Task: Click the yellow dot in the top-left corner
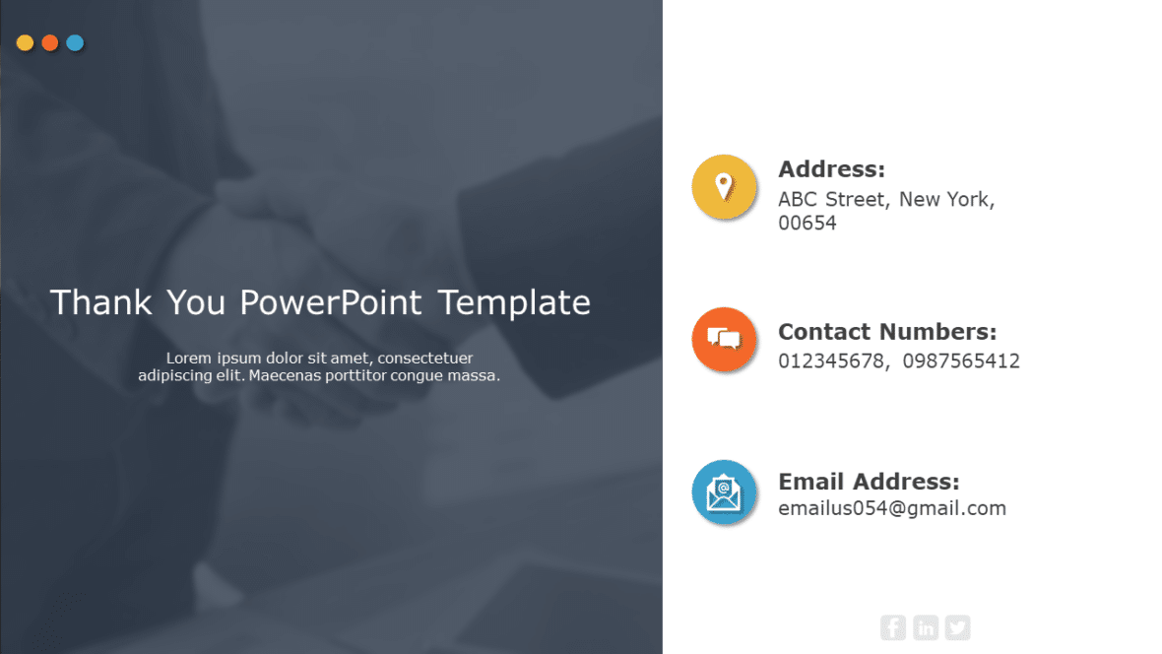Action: [x=26, y=42]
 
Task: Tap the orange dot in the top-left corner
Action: [x=50, y=42]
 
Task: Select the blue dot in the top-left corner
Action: [x=75, y=42]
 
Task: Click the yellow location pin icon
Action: [x=724, y=185]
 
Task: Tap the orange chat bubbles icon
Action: [x=724, y=340]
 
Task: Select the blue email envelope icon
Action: [x=724, y=491]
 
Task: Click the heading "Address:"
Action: [x=831, y=169]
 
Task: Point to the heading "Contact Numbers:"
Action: [x=886, y=332]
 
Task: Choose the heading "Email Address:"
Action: [x=868, y=482]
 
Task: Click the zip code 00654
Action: [x=807, y=224]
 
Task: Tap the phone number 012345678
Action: [x=831, y=361]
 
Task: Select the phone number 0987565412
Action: [x=960, y=361]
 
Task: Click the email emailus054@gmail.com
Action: [x=891, y=509]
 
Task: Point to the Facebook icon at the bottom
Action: [x=893, y=627]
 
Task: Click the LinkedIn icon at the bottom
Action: [x=926, y=627]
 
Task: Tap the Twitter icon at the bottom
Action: [x=957, y=627]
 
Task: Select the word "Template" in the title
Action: [x=514, y=302]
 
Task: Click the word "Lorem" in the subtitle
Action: [x=187, y=359]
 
